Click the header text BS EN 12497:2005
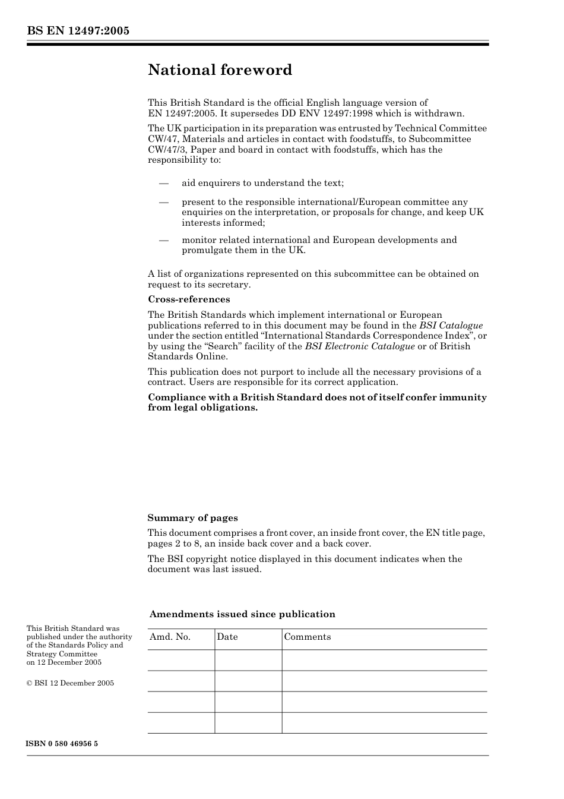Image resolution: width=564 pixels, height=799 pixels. (78, 31)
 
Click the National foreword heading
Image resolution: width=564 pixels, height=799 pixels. (220, 70)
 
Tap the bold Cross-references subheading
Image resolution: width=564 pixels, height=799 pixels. (189, 299)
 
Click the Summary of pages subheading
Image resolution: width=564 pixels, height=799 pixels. (192, 518)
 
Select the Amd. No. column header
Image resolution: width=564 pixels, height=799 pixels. (170, 637)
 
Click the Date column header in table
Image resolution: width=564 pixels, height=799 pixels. (227, 637)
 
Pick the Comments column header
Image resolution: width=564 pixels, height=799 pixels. (308, 637)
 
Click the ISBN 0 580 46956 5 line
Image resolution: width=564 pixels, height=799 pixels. (62, 744)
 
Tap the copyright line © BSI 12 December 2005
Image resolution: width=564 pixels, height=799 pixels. (70, 683)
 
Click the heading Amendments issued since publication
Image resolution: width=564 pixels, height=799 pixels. (242, 614)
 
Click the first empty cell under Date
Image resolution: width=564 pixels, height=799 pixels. (248, 660)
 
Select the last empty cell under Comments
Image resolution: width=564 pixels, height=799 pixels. (384, 723)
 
